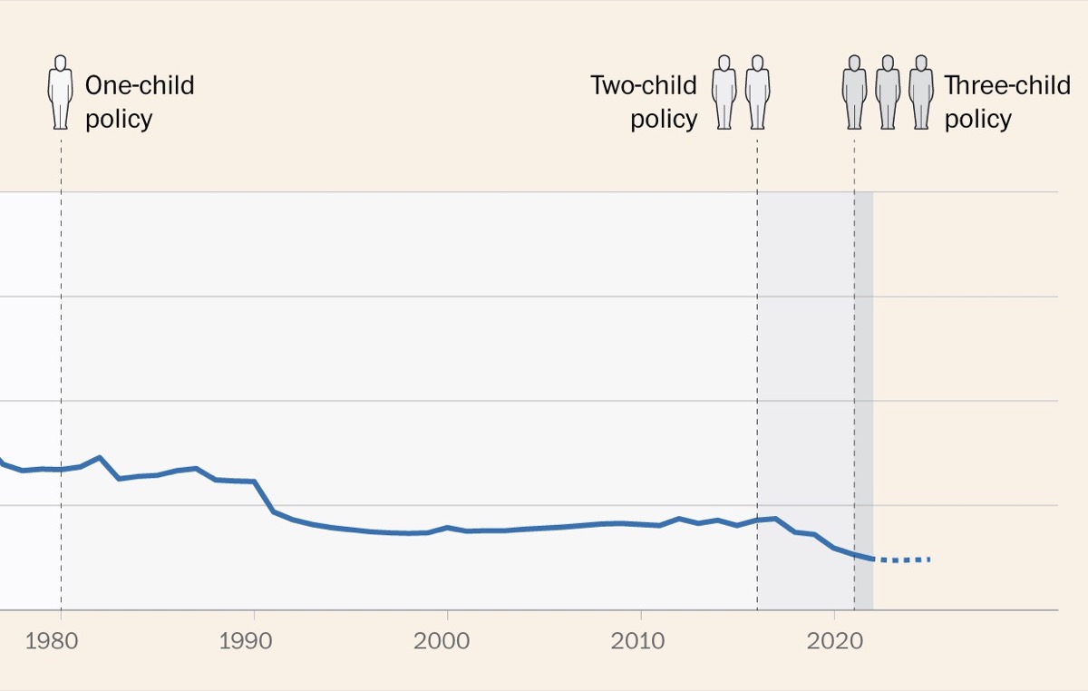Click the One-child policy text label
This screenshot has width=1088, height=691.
pyautogui.click(x=140, y=102)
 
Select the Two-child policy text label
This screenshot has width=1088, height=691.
pyautogui.click(x=645, y=102)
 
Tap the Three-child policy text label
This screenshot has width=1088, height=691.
pyautogui.click(x=1007, y=102)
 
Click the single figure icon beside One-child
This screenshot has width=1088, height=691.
pyautogui.click(x=61, y=92)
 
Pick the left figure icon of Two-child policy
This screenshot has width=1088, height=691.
pyautogui.click(x=724, y=92)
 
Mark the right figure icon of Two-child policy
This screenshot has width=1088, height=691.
pyautogui.click(x=757, y=92)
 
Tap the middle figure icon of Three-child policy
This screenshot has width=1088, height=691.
pyautogui.click(x=888, y=92)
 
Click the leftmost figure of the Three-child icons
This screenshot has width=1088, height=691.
pyautogui.click(x=854, y=92)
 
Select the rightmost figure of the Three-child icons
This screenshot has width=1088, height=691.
pyautogui.click(x=921, y=92)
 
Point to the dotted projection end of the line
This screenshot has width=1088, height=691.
pyautogui.click(x=928, y=560)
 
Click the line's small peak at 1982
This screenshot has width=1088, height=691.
pyautogui.click(x=99, y=458)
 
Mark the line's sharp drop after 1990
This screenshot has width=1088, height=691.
pyautogui.click(x=264, y=497)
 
